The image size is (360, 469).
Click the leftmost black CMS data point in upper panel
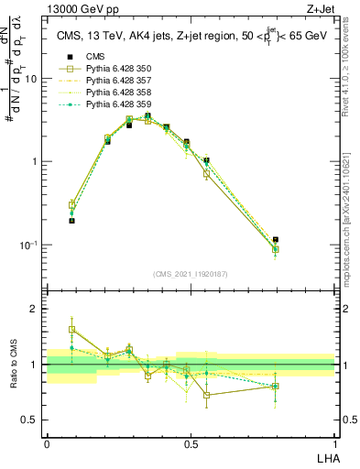click(x=72, y=221)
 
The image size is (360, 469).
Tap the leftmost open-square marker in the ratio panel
click(x=72, y=330)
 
